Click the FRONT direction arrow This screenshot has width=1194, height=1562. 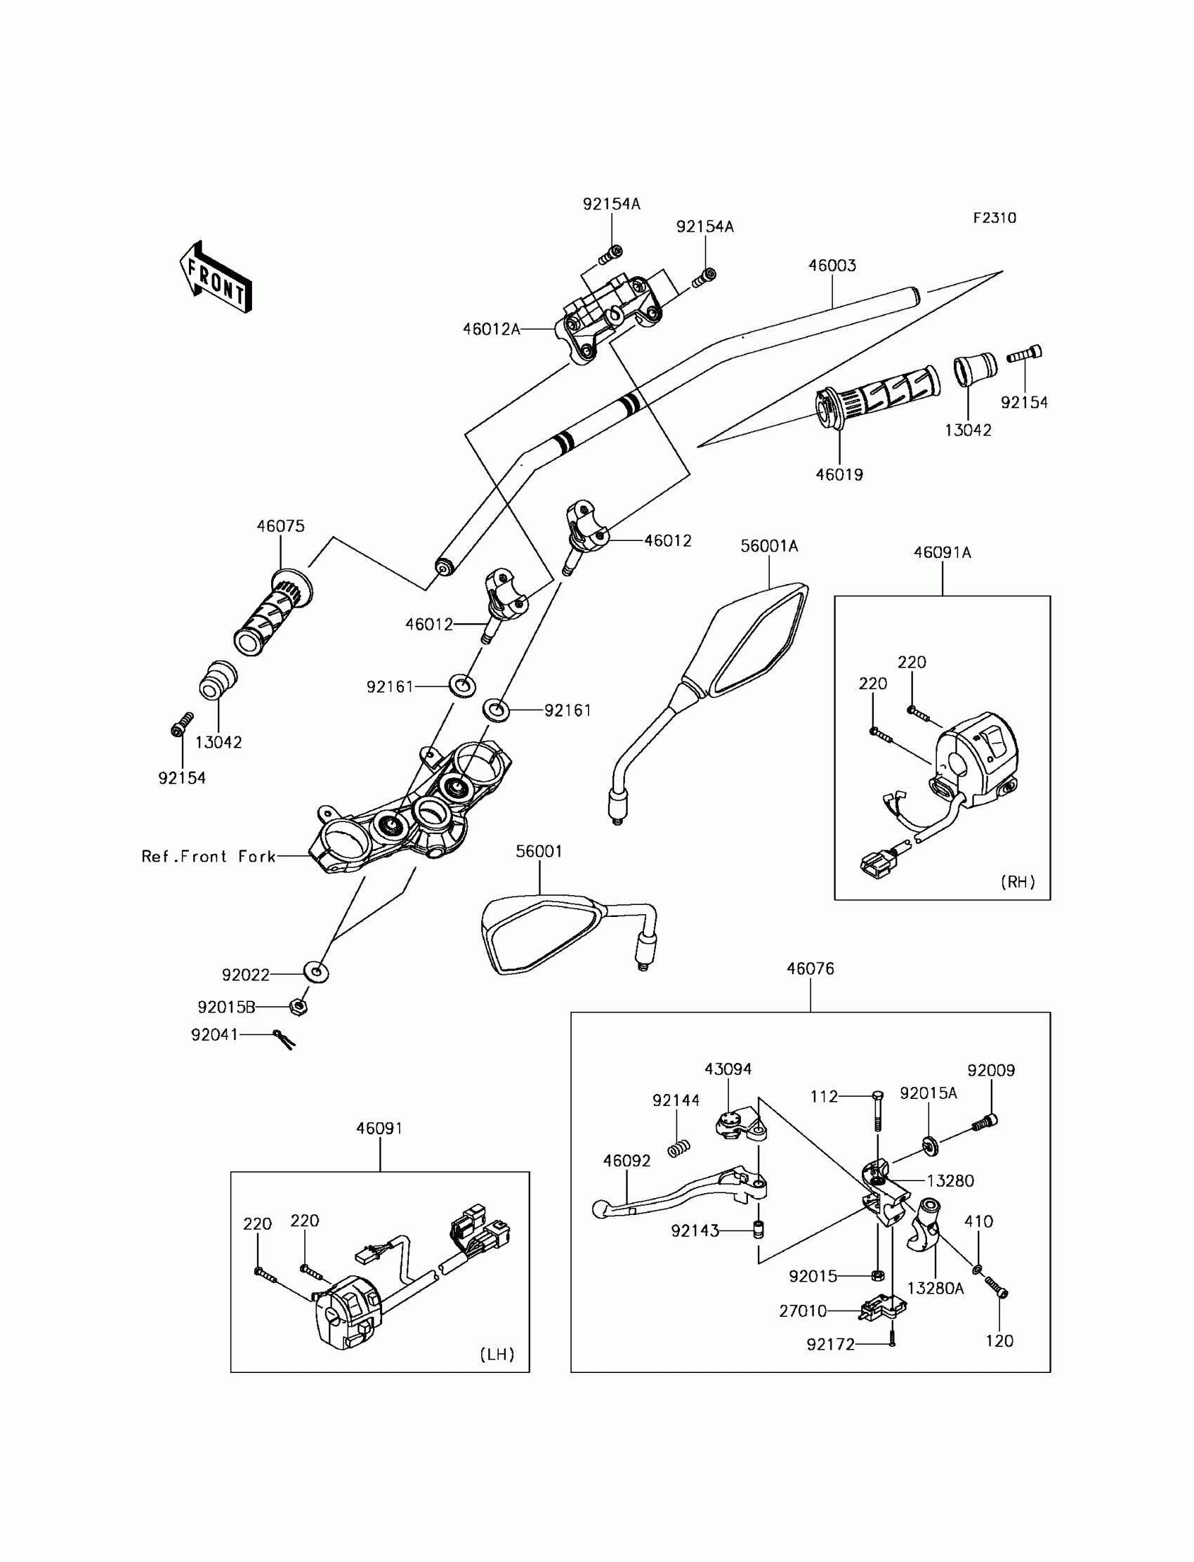(216, 278)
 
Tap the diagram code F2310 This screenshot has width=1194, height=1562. (995, 219)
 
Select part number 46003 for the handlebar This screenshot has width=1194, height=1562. (832, 266)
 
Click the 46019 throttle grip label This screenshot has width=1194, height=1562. (839, 474)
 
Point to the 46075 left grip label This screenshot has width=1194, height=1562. (280, 526)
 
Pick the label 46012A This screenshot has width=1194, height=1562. (491, 329)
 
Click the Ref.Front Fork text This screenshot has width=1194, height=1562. (208, 857)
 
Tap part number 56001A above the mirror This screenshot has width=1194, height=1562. (769, 546)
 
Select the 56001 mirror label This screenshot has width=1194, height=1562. (539, 852)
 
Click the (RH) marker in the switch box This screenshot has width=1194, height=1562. (1017, 883)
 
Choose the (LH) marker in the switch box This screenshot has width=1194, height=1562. (497, 1355)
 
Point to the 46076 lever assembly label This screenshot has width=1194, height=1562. (811, 969)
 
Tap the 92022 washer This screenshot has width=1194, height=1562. (316, 972)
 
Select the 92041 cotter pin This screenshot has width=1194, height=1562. (284, 1039)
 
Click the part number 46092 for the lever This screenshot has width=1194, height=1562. (626, 1161)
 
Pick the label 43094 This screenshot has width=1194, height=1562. (728, 1069)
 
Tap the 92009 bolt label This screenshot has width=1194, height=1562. (991, 1071)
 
